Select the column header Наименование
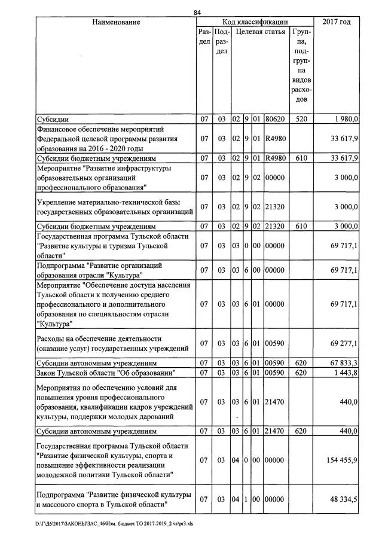pos(116,22)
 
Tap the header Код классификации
pos(255,22)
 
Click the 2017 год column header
pos(337,22)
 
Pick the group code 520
pos(301,119)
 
